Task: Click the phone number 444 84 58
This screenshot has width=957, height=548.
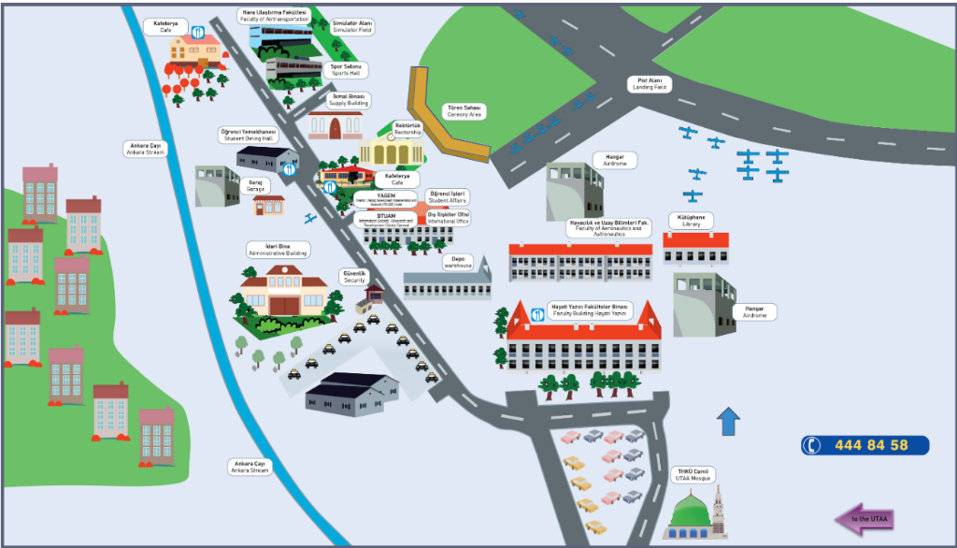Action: [x=873, y=445]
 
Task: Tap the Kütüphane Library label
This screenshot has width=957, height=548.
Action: [x=691, y=221]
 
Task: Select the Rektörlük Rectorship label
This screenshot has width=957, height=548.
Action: [x=408, y=129]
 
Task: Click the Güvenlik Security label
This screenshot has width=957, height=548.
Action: [x=354, y=278]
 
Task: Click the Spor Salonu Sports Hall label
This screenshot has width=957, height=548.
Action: [x=345, y=69]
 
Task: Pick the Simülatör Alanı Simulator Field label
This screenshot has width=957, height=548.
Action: [x=352, y=26]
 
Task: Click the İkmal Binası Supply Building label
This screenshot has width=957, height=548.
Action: [x=350, y=99]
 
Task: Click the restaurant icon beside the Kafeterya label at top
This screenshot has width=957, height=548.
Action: [x=198, y=32]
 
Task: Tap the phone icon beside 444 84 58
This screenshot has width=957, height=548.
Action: [x=811, y=445]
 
